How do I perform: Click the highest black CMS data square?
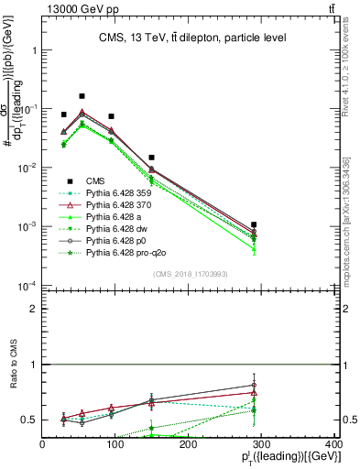82,96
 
